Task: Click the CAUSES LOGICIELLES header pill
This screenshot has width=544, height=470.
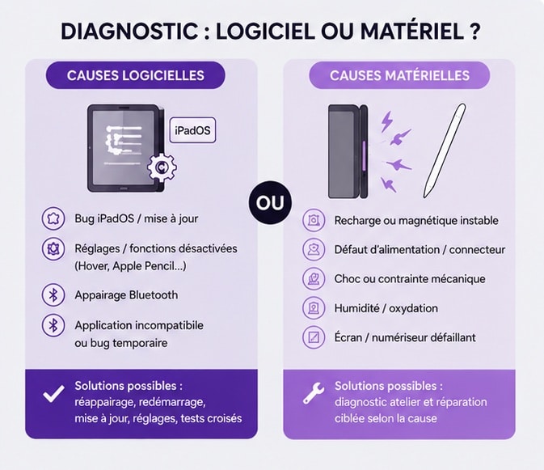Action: (135, 75)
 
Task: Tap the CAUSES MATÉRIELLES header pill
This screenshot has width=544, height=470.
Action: (399, 75)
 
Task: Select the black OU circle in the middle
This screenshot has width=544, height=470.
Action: (270, 203)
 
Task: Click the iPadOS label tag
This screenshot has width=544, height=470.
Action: (192, 130)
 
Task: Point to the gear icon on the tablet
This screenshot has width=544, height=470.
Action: (162, 167)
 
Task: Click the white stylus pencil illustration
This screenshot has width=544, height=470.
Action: (445, 150)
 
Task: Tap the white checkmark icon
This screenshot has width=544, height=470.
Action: (54, 394)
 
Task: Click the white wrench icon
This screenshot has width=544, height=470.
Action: (314, 393)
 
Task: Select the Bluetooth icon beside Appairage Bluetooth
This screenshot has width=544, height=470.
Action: (53, 295)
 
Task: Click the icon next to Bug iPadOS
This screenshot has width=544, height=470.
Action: (53, 218)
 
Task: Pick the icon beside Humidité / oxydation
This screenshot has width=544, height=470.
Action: (314, 308)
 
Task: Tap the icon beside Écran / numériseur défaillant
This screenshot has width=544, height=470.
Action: (314, 337)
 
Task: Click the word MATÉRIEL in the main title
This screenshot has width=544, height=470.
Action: (412, 32)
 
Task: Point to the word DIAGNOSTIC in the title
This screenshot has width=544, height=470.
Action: (129, 32)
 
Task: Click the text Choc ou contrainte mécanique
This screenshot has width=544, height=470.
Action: (410, 279)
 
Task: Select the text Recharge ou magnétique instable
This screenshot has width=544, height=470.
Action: (416, 220)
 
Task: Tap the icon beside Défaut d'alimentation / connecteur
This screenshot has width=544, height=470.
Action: (314, 249)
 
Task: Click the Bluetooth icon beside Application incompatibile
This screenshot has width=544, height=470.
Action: (53, 325)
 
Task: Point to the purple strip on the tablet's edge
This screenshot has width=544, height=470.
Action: (364, 156)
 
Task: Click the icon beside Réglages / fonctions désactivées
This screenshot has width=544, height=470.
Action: (53, 248)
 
